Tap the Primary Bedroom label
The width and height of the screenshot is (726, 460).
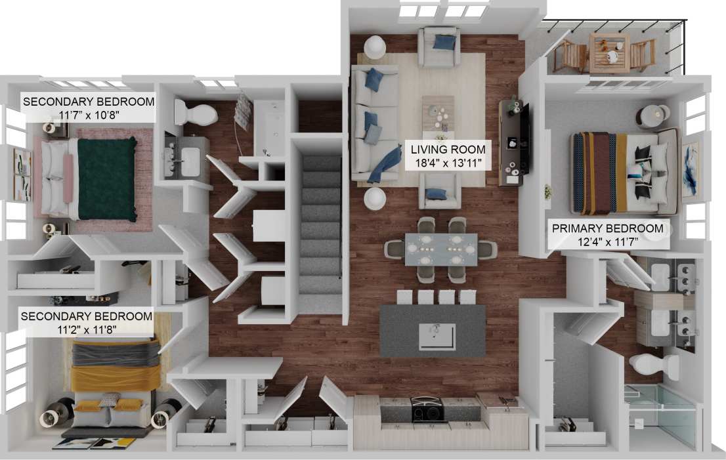point(607,228)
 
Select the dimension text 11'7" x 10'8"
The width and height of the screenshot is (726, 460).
point(89,115)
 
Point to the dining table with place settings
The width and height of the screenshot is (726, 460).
point(440,249)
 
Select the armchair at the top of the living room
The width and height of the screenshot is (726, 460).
point(439,47)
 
